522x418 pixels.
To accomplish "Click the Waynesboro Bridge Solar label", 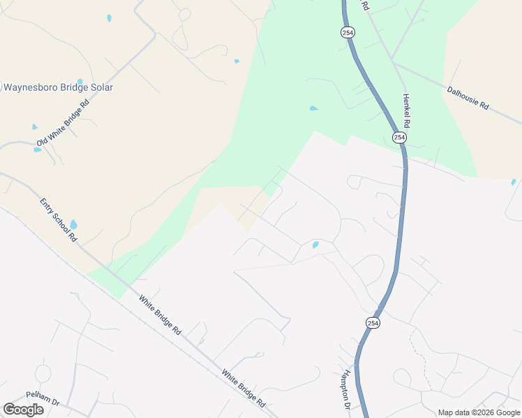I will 58,88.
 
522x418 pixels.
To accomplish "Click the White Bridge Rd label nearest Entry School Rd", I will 160,316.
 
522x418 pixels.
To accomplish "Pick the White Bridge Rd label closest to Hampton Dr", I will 244,389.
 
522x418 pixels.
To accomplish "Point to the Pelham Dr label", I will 44,394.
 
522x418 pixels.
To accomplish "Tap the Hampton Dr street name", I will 344,388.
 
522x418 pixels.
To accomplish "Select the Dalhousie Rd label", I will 468,97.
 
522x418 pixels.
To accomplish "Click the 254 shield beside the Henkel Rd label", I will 399,137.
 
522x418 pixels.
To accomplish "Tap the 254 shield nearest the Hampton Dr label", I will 373,323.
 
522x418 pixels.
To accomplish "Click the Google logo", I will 23,410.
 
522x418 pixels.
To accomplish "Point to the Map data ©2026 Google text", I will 479,412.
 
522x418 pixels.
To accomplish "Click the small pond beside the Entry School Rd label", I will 73,225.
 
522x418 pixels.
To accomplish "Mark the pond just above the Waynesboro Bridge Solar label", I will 80,82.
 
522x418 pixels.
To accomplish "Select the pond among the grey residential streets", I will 315,245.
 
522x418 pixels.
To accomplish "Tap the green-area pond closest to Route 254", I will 313,109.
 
